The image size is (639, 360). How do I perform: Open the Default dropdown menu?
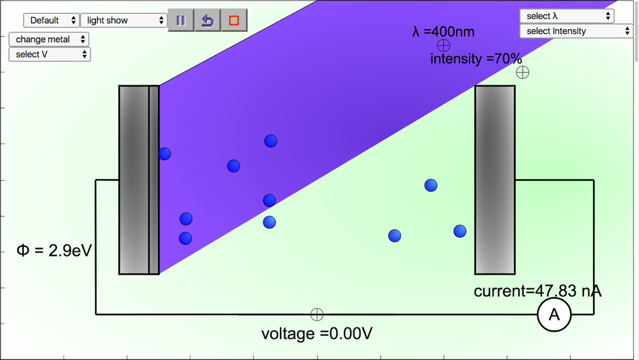(x=51, y=20)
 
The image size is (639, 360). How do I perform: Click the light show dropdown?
(x=124, y=20)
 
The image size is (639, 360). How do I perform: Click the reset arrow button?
(x=207, y=20)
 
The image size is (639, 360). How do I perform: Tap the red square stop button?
(x=234, y=20)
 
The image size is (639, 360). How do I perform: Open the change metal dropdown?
(x=49, y=40)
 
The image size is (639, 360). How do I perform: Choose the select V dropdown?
(x=49, y=54)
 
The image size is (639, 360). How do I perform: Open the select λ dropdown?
(x=567, y=16)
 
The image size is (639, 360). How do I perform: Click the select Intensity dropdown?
(x=576, y=31)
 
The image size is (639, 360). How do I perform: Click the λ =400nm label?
(x=443, y=31)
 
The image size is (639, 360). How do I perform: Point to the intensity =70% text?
(x=476, y=59)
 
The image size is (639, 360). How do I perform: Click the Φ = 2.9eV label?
(x=54, y=250)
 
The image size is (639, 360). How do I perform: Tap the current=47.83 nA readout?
(x=537, y=292)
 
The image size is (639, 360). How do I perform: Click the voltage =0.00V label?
(x=317, y=334)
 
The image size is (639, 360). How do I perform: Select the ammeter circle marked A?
(x=554, y=314)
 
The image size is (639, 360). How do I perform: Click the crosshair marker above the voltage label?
(x=317, y=315)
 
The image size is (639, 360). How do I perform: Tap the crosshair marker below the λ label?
(x=443, y=45)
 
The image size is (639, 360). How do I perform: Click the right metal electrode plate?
(x=495, y=180)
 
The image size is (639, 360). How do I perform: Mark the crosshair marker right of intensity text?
(x=523, y=72)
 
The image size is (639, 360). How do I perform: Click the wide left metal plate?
(x=134, y=180)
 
